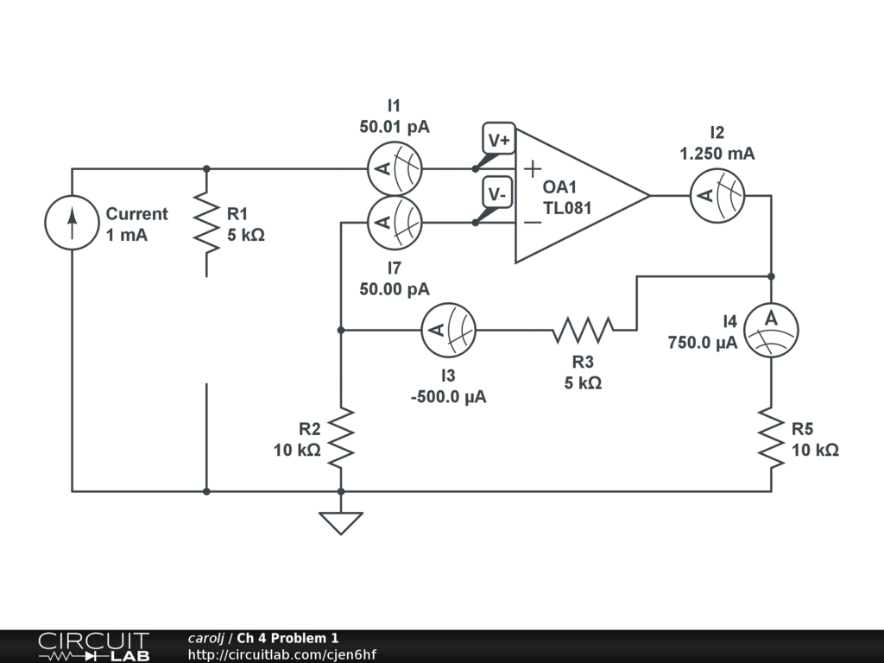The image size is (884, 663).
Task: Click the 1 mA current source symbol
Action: [x=72, y=223]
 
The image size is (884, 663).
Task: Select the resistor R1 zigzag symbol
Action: [x=206, y=223]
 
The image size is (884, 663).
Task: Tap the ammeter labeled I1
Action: [x=395, y=168]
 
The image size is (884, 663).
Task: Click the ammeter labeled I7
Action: [x=395, y=223]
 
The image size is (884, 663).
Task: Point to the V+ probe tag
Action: [x=499, y=140]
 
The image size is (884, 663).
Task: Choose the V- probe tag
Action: [x=496, y=194]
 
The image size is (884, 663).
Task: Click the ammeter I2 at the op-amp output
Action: [x=717, y=196]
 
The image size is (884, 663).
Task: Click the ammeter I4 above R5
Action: [x=771, y=330]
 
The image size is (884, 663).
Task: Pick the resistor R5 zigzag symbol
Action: [x=771, y=438]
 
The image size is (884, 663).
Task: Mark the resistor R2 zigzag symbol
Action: [x=341, y=438]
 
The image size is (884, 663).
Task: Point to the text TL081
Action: [x=567, y=208]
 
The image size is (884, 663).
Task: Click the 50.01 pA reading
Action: [x=395, y=127]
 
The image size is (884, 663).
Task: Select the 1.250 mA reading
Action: [x=717, y=154]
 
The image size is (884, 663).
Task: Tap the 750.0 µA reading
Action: [x=703, y=342]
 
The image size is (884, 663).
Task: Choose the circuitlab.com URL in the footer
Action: [x=282, y=654]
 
